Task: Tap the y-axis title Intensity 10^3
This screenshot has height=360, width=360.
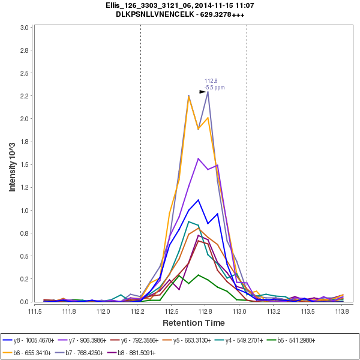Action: pos(13,163)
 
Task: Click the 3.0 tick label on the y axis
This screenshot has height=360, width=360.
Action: pos(25,28)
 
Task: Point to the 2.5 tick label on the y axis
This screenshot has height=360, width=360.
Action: pos(25,73)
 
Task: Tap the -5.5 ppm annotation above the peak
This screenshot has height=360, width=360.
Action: pos(215,88)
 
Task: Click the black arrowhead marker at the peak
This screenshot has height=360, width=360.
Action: pos(203,92)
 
